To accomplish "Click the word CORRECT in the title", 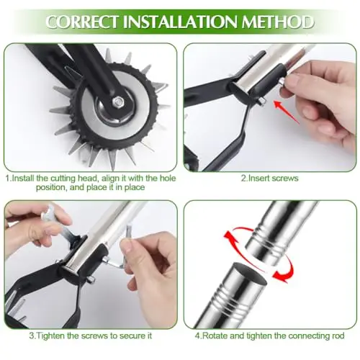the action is pos(82,22).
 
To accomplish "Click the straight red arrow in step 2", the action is pos(287,112).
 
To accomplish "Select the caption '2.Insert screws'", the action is pos(269,179).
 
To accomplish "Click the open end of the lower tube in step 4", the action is pos(250,271).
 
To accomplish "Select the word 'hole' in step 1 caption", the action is pos(168,179).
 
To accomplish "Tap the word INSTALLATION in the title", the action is pos(180,22).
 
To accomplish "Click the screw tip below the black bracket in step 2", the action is pos(261,103).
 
